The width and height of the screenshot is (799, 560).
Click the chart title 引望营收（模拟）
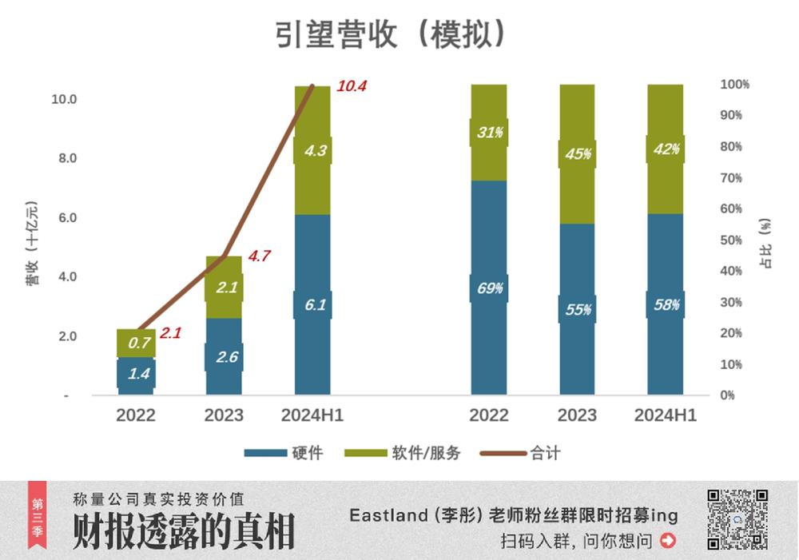click(392, 35)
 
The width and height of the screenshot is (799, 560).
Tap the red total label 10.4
click(351, 86)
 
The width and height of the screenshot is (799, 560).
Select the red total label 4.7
click(259, 256)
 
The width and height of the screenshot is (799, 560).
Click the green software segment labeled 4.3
click(312, 150)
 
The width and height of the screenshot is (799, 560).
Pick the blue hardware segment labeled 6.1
click(312, 304)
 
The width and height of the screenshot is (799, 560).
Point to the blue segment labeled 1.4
click(136, 373)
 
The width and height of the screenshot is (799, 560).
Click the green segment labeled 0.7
click(136, 344)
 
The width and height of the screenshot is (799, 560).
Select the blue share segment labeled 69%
click(489, 288)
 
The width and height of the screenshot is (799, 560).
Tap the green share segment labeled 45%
click(577, 154)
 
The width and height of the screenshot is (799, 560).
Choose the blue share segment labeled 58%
click(665, 304)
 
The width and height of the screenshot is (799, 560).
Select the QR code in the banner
click(737, 519)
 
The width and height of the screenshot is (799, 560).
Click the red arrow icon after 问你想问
click(668, 541)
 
